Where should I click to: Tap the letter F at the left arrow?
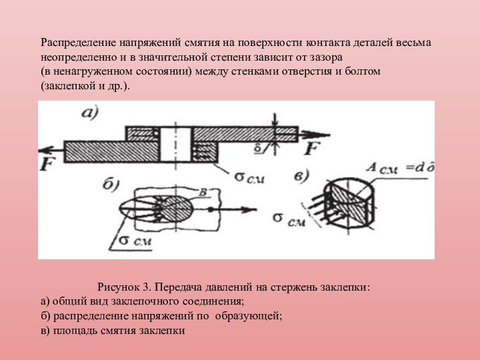point(47,164)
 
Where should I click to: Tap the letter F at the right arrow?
point(312,147)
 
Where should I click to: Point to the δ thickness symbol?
point(265,145)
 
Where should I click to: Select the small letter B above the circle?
point(205,193)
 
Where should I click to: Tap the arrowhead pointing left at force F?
point(44,147)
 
